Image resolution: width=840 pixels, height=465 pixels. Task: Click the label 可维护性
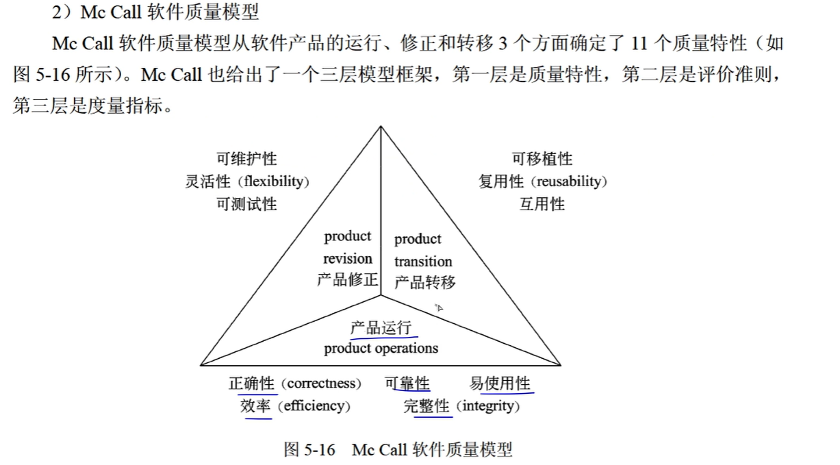pos(247,159)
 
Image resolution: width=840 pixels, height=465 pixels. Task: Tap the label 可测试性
pos(247,204)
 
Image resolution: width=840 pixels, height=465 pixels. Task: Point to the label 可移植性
pos(542,159)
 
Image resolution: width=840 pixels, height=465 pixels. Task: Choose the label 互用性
pos(542,204)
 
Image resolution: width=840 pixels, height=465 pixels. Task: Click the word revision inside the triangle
pos(348,259)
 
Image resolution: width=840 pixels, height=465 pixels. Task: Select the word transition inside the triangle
pos(423,262)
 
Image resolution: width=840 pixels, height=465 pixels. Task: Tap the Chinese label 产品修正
pos(348,280)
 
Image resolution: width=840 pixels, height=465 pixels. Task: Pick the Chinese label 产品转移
pos(424,282)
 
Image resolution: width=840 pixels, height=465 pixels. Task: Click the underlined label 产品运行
pos(381,327)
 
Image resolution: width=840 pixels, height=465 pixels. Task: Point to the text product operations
pos(381,348)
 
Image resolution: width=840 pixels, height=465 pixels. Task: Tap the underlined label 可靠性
pos(407,384)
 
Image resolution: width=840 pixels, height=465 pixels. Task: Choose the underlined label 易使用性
pos(500,384)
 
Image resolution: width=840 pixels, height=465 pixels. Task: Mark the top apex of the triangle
pos(381,127)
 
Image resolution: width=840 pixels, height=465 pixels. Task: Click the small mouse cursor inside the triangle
pos(439,307)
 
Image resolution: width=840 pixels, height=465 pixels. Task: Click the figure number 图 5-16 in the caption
pos(309,450)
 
